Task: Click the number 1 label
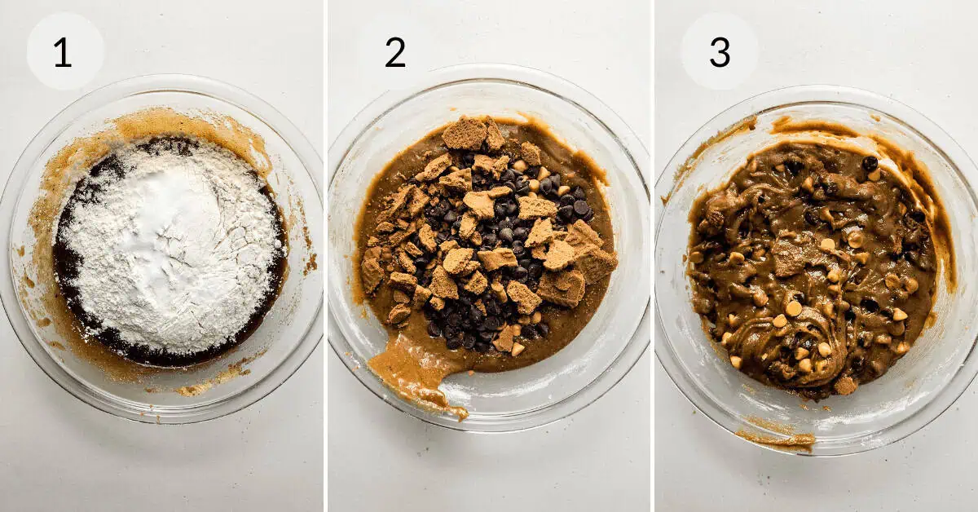(x=63, y=52)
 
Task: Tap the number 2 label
(x=395, y=52)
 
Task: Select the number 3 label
(x=720, y=52)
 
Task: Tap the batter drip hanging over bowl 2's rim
(x=415, y=376)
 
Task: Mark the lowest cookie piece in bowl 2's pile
(x=505, y=338)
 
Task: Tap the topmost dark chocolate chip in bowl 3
(x=870, y=163)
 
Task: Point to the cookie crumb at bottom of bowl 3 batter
(x=845, y=386)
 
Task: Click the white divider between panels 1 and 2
(x=326, y=256)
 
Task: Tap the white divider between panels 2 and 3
(x=652, y=256)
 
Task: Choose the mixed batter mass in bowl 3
(x=812, y=267)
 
